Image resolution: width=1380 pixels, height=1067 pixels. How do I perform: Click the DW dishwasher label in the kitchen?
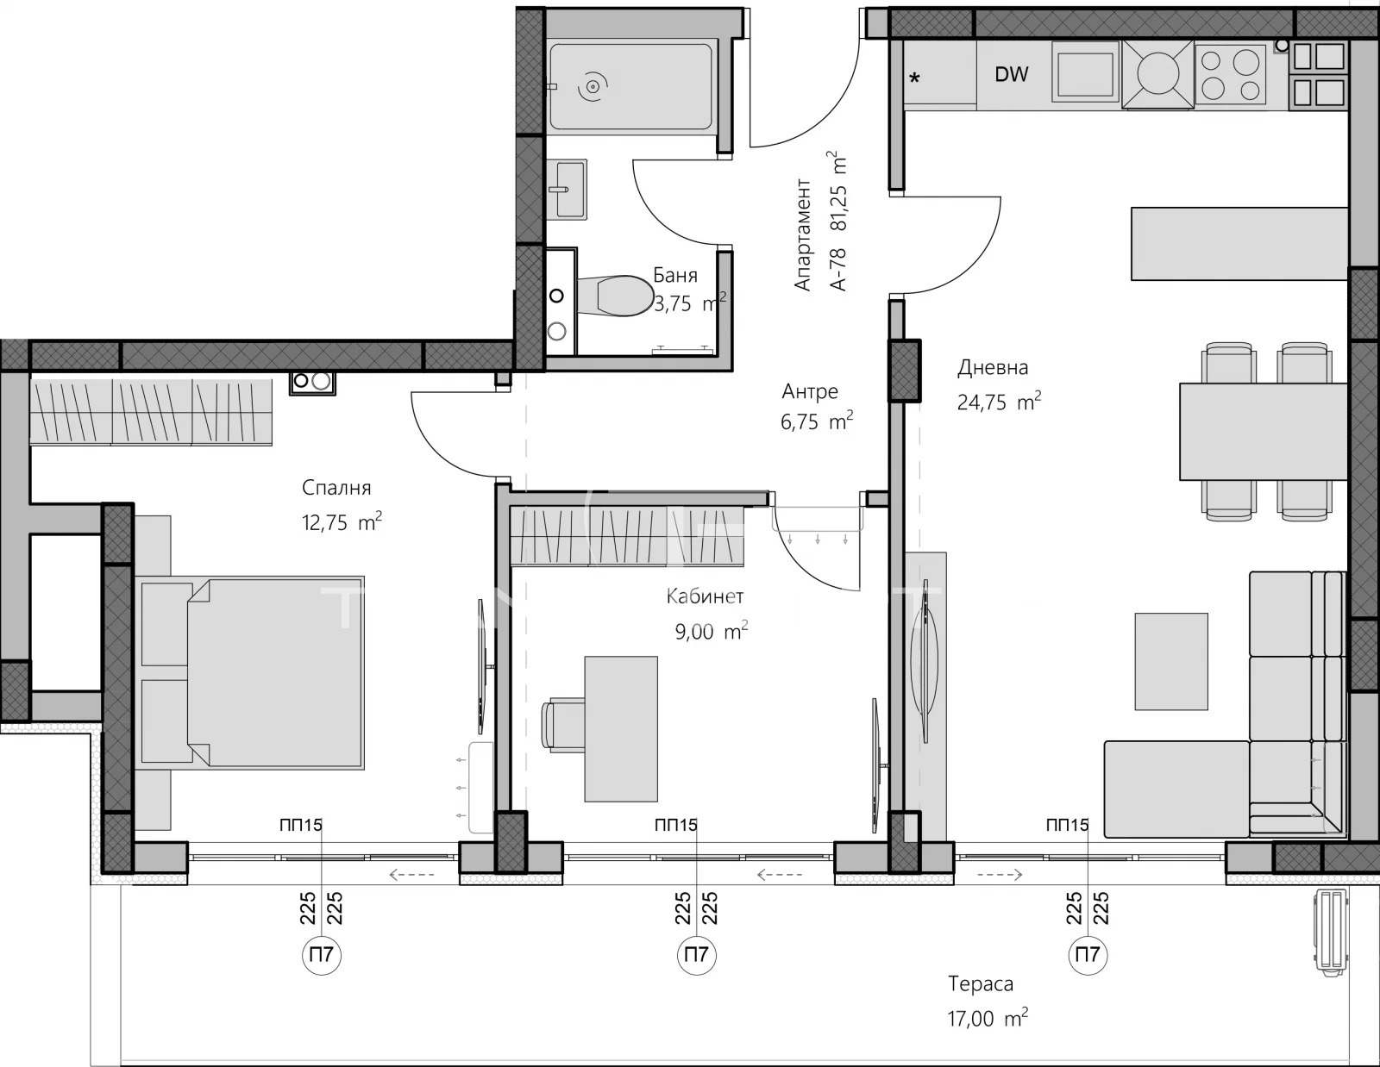pyautogui.click(x=1011, y=74)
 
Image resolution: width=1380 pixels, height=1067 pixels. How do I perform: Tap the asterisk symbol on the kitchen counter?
pyautogui.click(x=914, y=78)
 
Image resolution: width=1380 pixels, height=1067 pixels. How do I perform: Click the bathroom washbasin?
pyautogui.click(x=567, y=189)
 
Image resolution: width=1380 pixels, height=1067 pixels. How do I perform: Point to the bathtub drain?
pyautogui.click(x=593, y=86)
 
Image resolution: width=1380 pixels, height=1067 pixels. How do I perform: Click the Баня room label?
pyautogui.click(x=675, y=275)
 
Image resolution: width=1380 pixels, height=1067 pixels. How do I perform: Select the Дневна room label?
pyautogui.click(x=993, y=367)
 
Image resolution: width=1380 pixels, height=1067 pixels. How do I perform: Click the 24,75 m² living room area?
pyautogui.click(x=999, y=402)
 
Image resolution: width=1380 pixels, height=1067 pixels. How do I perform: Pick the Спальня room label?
pyautogui.click(x=336, y=489)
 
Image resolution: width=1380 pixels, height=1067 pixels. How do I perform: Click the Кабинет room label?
pyautogui.click(x=705, y=596)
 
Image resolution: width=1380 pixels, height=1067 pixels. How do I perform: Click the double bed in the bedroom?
pyautogui.click(x=252, y=673)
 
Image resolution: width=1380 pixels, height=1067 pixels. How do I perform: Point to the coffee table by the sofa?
pyautogui.click(x=1171, y=661)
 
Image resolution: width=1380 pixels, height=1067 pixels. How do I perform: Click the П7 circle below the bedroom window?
pyautogui.click(x=322, y=954)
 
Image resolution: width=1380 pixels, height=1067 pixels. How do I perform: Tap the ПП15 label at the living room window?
pyautogui.click(x=1067, y=826)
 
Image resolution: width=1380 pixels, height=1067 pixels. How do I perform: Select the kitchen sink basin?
pyautogui.click(x=1085, y=72)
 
